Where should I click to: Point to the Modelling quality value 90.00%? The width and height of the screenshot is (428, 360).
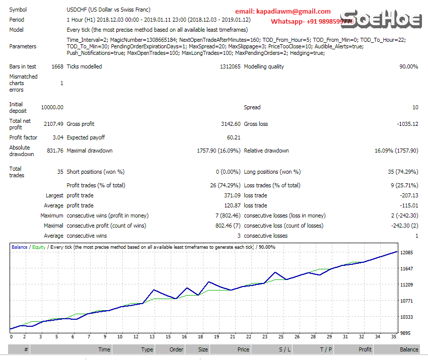408,66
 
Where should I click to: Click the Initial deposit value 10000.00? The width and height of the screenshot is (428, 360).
52,107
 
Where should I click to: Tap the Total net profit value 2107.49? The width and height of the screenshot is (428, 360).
53,124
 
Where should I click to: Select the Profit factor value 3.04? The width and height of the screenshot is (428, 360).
57,137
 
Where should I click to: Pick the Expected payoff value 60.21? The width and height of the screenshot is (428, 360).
233,137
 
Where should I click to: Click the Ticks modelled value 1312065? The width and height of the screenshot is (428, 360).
230,66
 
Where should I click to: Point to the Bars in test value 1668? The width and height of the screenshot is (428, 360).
57,66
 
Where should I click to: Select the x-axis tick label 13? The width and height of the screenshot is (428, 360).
152,337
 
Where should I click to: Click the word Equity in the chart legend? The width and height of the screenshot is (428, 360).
39,247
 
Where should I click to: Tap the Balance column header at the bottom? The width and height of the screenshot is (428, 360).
409,349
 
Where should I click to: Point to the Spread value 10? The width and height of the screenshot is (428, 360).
415,107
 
